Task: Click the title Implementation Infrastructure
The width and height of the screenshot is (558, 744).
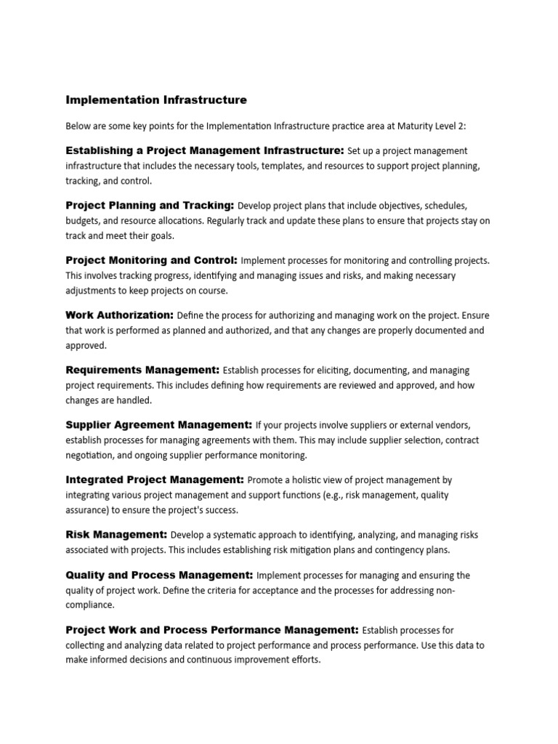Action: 156,100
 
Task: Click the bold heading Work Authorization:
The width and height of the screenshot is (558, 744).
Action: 120,315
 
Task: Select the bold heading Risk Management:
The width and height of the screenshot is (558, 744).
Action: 117,534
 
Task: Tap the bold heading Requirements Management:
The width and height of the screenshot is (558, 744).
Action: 142,369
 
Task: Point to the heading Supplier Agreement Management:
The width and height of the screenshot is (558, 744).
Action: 159,424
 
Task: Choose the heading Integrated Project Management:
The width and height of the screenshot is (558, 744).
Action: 155,480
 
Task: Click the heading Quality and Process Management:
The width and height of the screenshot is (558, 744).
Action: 159,575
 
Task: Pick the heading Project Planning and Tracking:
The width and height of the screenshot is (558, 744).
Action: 150,205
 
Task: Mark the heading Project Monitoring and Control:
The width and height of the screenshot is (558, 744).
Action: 152,259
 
